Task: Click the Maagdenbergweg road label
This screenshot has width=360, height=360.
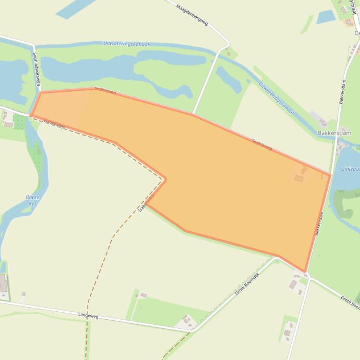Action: [x=192, y=14]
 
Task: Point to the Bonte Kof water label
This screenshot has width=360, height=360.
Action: [x=32, y=201]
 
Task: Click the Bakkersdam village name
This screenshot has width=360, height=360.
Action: [x=334, y=133]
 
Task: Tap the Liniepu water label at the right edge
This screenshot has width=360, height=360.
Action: [x=351, y=169]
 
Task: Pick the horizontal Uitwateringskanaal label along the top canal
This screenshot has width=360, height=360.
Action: [x=126, y=44]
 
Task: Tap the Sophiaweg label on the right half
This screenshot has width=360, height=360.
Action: [x=262, y=145]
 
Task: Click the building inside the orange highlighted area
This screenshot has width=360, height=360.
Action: [x=299, y=178]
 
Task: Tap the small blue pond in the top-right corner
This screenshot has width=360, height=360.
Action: [x=326, y=17]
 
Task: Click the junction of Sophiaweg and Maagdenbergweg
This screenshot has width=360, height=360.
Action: [x=193, y=114]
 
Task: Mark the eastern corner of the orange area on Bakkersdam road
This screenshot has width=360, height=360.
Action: [x=330, y=175]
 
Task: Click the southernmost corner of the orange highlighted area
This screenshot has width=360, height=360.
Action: [x=305, y=272]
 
